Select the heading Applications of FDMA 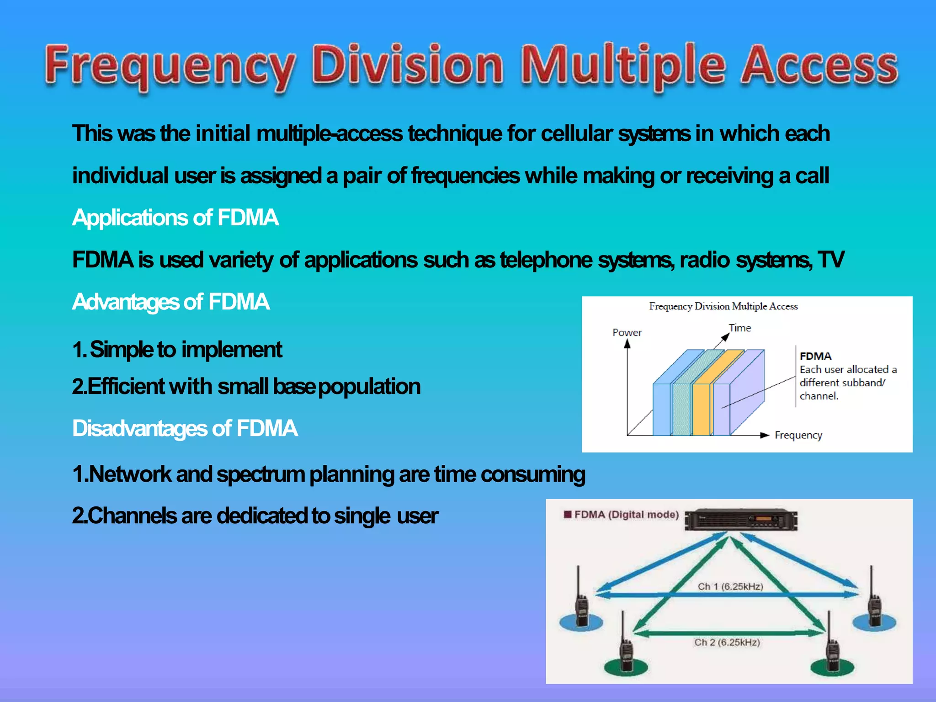pyautogui.click(x=175, y=218)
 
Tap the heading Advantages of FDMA pyautogui.click(x=170, y=302)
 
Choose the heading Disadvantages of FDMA pyautogui.click(x=185, y=429)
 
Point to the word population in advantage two pyautogui.click(x=369, y=387)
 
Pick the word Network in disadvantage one pyautogui.click(x=130, y=474)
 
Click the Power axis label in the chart pyautogui.click(x=627, y=333)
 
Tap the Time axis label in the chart pyautogui.click(x=739, y=328)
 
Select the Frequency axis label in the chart pyautogui.click(x=798, y=435)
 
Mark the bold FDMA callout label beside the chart pyautogui.click(x=815, y=356)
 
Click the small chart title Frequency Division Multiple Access pyautogui.click(x=723, y=306)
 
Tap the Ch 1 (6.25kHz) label pyautogui.click(x=730, y=586)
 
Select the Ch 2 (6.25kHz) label pyautogui.click(x=727, y=643)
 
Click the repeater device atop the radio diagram pyautogui.click(x=741, y=520)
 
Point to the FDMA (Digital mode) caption pyautogui.click(x=626, y=515)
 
